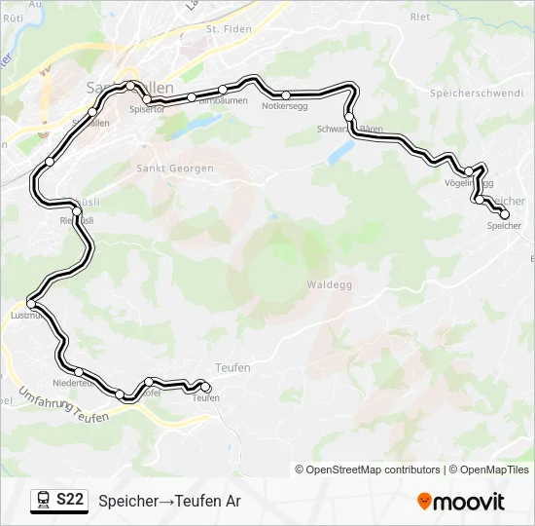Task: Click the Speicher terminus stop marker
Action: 504,214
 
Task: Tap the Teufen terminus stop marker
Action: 205,388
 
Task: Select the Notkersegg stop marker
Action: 286,95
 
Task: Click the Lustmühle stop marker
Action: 31,305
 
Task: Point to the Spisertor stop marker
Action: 147,100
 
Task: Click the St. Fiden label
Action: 229,29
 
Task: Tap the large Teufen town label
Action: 230,367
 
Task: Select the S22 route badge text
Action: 69,500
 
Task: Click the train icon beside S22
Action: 43,500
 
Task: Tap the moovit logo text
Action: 470,502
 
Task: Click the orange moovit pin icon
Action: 424,502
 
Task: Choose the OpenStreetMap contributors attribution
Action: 374,470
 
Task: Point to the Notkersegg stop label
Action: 285,107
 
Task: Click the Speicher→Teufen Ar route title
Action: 168,501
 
